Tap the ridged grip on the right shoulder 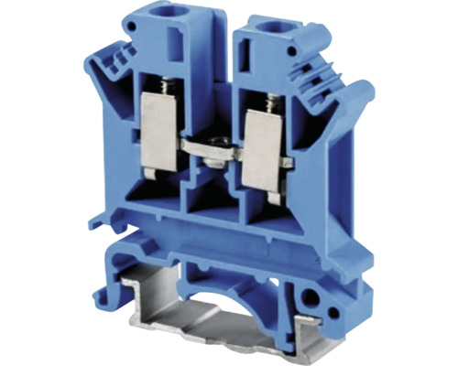click(x=330, y=82)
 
